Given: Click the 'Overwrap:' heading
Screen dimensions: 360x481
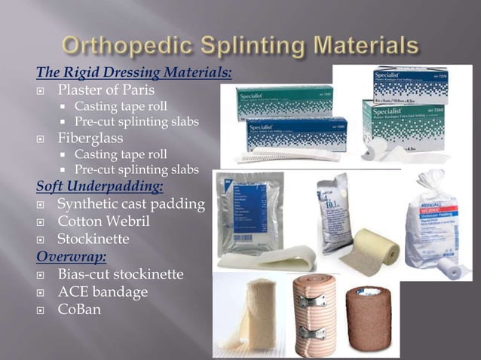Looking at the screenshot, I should [67, 255].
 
